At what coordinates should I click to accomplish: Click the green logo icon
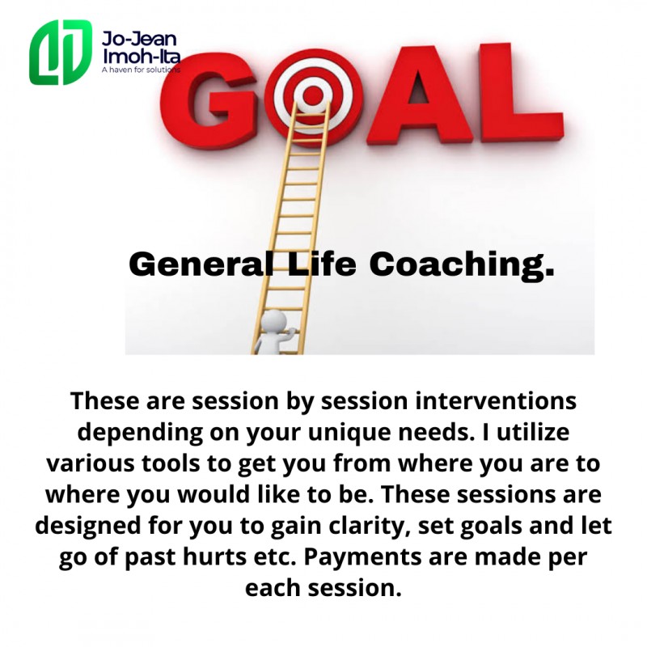pos(60,52)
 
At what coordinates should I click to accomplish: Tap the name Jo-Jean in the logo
pos(139,39)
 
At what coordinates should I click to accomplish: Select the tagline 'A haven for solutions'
pos(141,70)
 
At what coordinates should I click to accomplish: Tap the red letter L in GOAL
pos(520,93)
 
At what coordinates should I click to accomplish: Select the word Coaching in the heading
pos(461,265)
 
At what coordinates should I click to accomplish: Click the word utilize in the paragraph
pos(533,432)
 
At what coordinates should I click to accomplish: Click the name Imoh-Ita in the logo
pos(141,56)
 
